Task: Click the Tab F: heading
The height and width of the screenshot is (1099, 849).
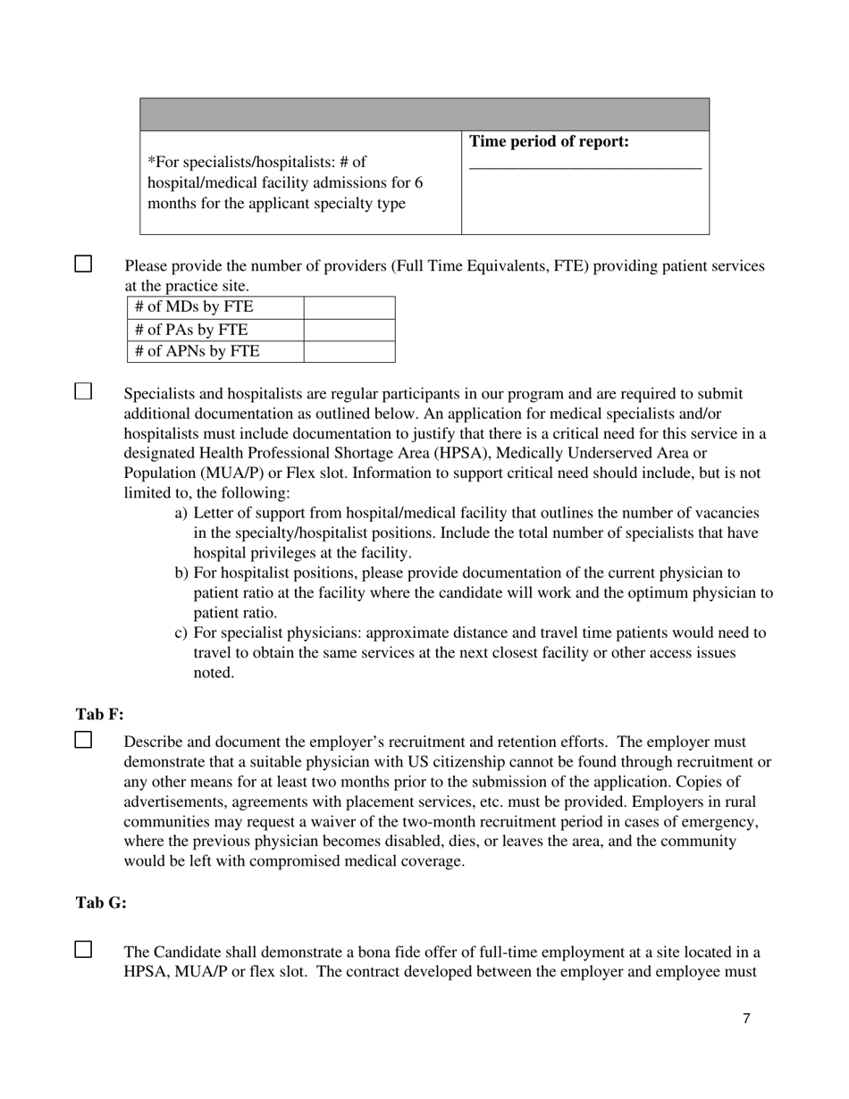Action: [99, 715]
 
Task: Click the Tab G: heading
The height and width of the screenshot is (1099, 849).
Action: [101, 903]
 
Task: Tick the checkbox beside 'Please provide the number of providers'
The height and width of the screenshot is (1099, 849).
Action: [83, 264]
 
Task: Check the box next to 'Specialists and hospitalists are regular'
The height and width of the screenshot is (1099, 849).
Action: [83, 391]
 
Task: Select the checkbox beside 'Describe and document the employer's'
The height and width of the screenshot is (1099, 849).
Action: [83, 740]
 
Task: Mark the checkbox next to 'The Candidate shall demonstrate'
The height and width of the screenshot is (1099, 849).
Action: [83, 950]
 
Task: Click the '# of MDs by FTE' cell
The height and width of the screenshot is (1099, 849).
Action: [194, 307]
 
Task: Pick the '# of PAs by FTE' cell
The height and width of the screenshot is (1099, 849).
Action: [191, 330]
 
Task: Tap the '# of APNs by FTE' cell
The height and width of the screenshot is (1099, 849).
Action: [198, 352]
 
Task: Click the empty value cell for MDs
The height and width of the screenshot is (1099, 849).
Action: [349, 307]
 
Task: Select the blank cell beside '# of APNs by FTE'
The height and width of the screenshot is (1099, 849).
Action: [349, 352]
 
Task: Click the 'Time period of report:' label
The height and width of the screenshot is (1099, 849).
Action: [549, 142]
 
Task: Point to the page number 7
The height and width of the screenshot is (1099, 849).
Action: [746, 1019]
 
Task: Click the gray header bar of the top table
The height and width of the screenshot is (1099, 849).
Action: [424, 115]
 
